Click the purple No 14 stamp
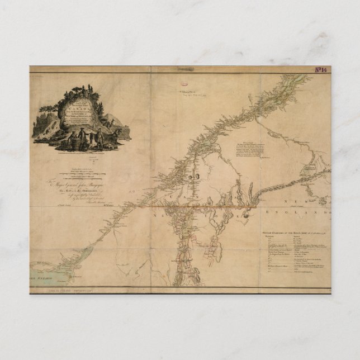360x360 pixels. (321, 70)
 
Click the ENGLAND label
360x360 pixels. (305, 214)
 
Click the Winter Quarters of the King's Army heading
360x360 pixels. (291, 231)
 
